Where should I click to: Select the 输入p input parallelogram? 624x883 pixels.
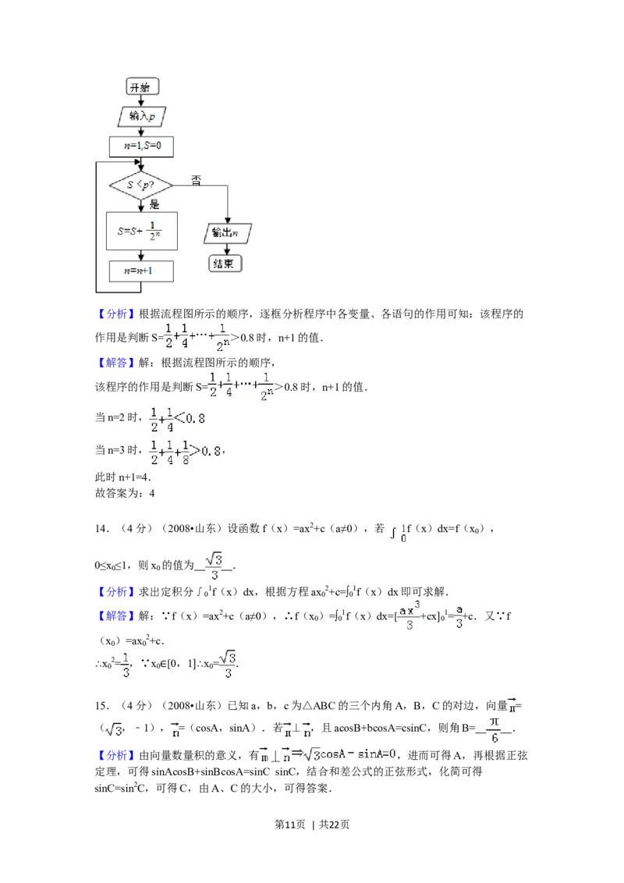(x=140, y=116)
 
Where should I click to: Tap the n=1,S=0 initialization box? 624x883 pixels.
(x=140, y=145)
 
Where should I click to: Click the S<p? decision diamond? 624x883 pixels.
(x=140, y=186)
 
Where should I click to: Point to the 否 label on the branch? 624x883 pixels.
(x=196, y=180)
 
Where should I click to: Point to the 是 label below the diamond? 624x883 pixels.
(x=154, y=204)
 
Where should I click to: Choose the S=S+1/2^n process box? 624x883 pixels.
(x=141, y=232)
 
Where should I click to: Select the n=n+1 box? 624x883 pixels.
(x=140, y=271)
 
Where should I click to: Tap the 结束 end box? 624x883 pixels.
(x=225, y=264)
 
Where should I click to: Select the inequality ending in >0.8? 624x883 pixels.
(x=185, y=452)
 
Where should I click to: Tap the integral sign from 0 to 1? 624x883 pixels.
(x=396, y=533)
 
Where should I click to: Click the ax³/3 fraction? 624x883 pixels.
(x=409, y=616)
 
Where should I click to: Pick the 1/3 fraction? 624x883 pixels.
(x=125, y=665)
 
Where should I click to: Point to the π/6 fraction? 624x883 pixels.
(x=494, y=730)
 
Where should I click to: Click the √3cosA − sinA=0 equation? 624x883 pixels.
(x=328, y=754)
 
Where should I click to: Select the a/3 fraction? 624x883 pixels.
(x=460, y=616)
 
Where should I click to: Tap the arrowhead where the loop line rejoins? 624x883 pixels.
(x=140, y=167)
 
